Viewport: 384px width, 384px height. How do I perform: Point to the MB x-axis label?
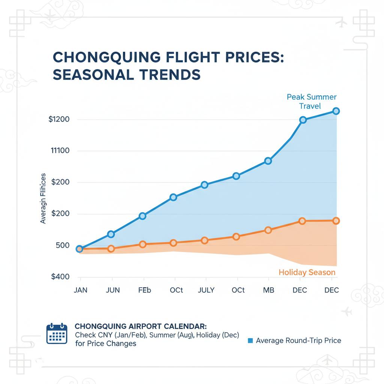click(268, 291)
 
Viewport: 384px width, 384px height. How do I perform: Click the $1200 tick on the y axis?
click(59, 120)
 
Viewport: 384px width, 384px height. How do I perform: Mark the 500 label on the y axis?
click(62, 246)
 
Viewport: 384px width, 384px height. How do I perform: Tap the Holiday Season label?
click(307, 273)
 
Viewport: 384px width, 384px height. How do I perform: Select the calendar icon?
click(56, 334)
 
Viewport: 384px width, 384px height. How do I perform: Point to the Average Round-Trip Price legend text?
click(298, 340)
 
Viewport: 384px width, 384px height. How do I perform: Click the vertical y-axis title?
click(43, 198)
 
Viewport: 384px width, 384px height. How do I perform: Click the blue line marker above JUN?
click(111, 234)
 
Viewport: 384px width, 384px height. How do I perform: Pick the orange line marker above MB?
click(268, 230)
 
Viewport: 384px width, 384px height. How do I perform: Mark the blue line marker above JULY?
click(204, 185)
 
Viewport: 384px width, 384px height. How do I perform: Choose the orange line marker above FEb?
click(142, 244)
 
